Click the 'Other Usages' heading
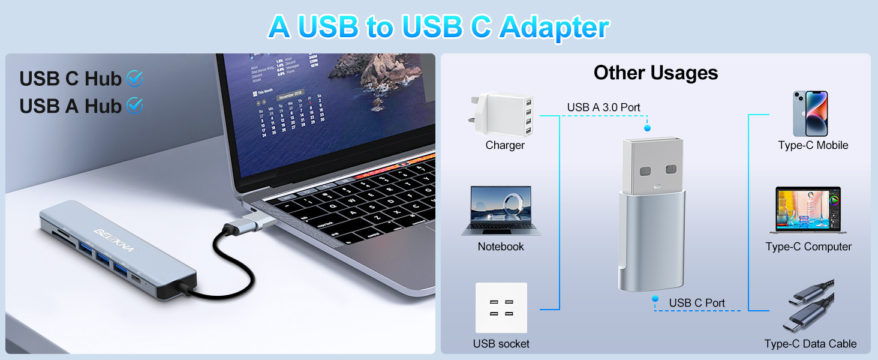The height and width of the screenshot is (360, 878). pyautogui.click(x=656, y=73)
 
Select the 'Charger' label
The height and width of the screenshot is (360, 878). pyautogui.click(x=505, y=145)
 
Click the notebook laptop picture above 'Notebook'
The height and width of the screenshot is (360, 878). pyautogui.click(x=501, y=211)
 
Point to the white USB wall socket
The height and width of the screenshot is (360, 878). pyautogui.click(x=501, y=307)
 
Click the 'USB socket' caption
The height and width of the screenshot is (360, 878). pyautogui.click(x=501, y=344)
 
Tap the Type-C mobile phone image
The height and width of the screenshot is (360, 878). pyautogui.click(x=810, y=113)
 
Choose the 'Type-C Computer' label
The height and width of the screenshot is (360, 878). pyautogui.click(x=808, y=247)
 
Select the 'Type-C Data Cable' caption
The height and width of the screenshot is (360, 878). pyautogui.click(x=810, y=344)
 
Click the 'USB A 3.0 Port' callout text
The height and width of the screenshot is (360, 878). pyautogui.click(x=603, y=107)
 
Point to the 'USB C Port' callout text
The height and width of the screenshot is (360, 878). pyautogui.click(x=697, y=303)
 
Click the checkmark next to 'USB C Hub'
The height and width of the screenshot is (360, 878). pyautogui.click(x=135, y=78)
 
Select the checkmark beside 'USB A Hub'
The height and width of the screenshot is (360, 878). pyautogui.click(x=135, y=106)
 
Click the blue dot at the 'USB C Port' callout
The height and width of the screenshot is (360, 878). pyautogui.click(x=656, y=298)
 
